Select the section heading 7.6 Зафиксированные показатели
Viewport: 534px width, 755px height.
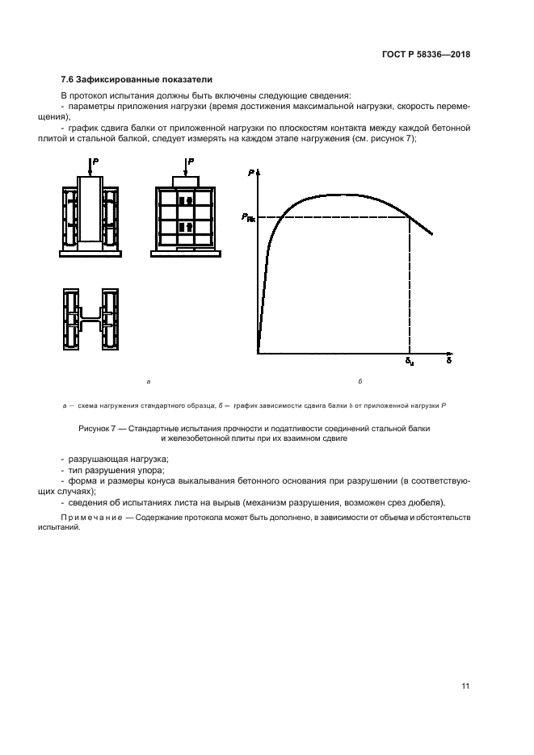click(x=137, y=80)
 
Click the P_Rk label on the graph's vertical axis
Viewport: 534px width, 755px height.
click(x=247, y=217)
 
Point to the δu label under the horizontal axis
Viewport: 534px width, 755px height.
click(x=410, y=362)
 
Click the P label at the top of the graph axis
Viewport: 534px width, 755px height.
click(x=251, y=173)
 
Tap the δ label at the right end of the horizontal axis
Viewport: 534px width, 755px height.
click(x=448, y=361)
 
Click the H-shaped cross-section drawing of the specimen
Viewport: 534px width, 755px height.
click(x=90, y=318)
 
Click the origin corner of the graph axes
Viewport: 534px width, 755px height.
click(x=258, y=353)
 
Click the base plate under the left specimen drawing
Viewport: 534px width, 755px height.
click(x=90, y=254)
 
